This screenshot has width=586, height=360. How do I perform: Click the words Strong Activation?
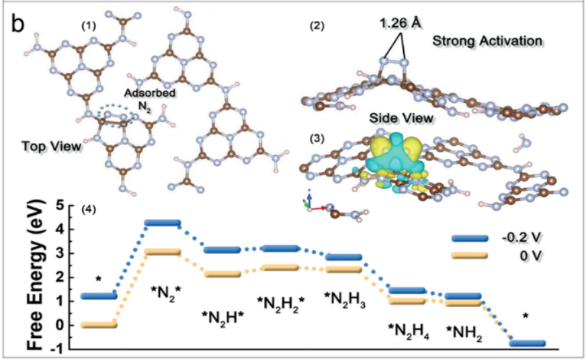[x=487, y=41]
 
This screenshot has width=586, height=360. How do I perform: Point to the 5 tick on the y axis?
[x=60, y=204]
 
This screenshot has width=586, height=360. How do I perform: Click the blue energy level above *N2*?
[x=162, y=222]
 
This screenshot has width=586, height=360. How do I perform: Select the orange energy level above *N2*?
[x=162, y=252]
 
